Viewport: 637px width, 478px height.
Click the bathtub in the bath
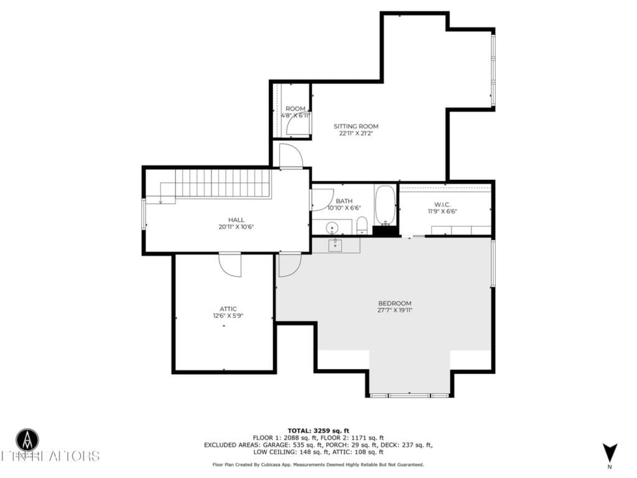(385, 205)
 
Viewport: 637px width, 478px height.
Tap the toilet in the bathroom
(362, 225)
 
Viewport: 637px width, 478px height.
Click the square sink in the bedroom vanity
(335, 245)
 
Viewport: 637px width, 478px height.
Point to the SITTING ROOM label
(356, 126)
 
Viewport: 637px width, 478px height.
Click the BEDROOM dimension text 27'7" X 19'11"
(395, 310)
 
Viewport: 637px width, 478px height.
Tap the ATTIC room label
(228, 309)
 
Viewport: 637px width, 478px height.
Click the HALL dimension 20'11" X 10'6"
(236, 227)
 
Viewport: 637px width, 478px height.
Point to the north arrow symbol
(610, 452)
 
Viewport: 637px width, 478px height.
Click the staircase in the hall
(222, 183)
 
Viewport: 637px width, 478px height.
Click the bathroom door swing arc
(322, 200)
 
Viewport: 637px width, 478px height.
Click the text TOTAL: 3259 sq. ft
(318, 431)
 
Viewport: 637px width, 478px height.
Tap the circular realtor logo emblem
(27, 439)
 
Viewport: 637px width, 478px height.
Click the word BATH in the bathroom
(344, 201)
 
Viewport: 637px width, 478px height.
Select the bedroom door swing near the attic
(288, 265)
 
